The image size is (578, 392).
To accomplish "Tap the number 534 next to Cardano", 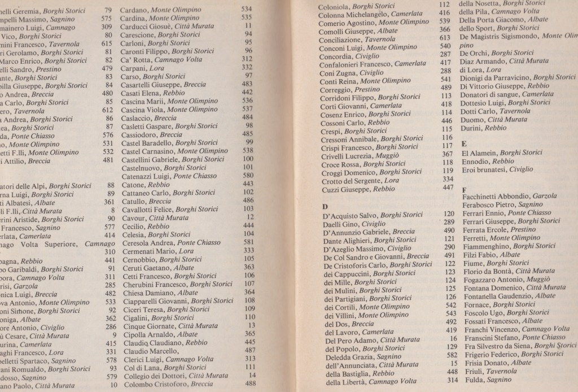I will coord(246,10).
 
